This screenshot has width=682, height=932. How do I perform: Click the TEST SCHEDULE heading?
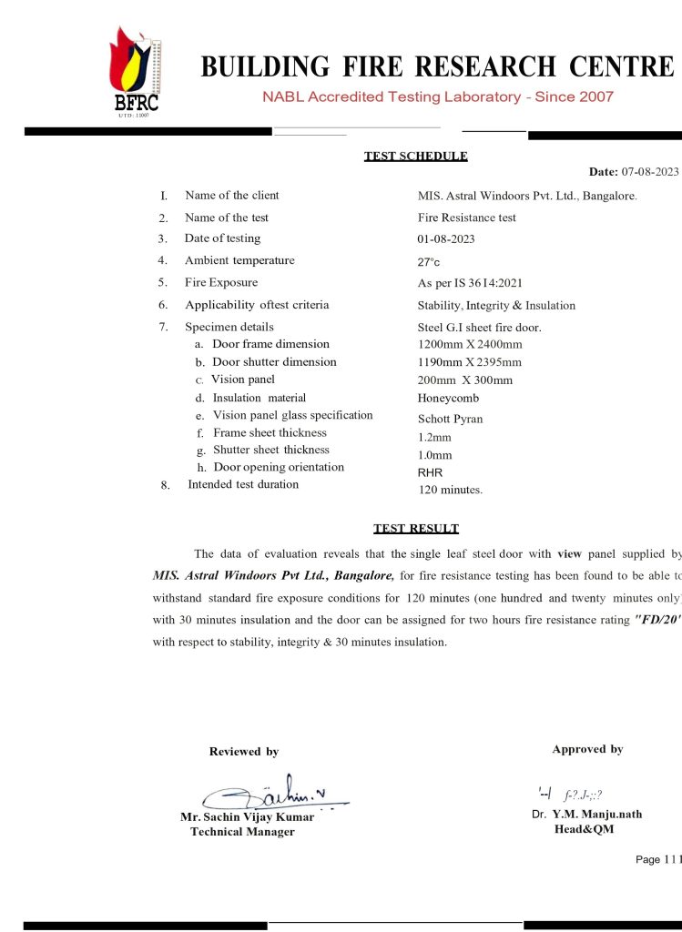click(415, 156)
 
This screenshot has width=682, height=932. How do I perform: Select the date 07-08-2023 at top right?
click(649, 172)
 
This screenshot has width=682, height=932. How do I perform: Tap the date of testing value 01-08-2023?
click(445, 239)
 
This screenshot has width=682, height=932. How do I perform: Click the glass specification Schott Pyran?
click(450, 420)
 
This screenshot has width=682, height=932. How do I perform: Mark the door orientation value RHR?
click(430, 472)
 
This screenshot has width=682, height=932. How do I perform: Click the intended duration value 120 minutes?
click(450, 490)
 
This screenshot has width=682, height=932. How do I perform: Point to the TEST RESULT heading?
click(415, 529)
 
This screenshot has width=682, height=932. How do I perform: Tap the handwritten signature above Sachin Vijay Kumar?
click(273, 794)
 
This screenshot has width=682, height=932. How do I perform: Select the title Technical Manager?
click(242, 832)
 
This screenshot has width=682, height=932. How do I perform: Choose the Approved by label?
click(587, 749)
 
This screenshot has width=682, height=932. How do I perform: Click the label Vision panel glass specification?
click(292, 415)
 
